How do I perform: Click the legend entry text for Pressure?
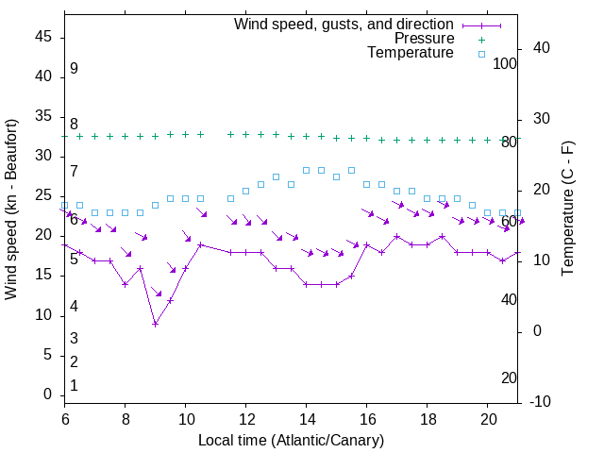click(x=424, y=39)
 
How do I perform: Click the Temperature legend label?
click(x=411, y=54)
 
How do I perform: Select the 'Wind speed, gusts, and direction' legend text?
click(x=344, y=24)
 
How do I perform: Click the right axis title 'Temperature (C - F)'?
click(x=567, y=210)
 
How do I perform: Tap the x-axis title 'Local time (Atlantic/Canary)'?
click(x=291, y=441)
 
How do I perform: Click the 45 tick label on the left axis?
click(x=42, y=37)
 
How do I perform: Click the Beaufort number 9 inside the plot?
click(x=74, y=69)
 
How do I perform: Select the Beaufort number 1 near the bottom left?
click(x=74, y=386)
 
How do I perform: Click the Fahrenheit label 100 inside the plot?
click(x=505, y=64)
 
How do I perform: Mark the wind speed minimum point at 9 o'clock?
click(x=156, y=324)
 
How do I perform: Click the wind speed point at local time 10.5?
click(x=201, y=244)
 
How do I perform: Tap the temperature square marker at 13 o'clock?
click(x=276, y=176)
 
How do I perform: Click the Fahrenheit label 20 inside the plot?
click(x=509, y=377)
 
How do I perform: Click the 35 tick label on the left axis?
click(x=42, y=116)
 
